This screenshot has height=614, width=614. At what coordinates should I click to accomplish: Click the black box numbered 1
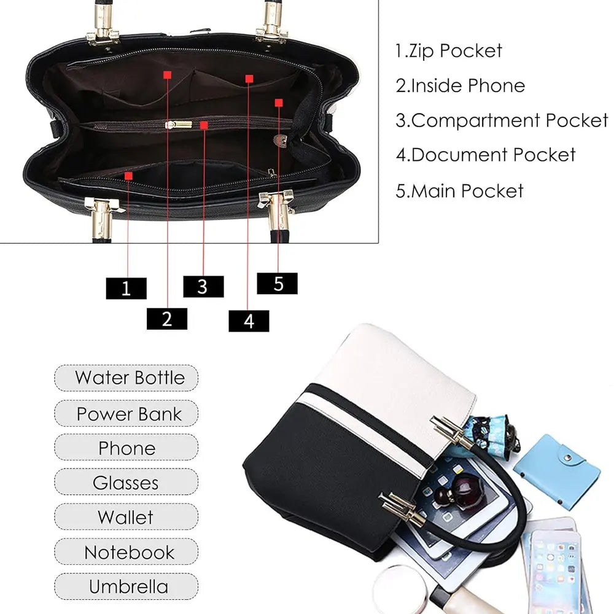(x=126, y=288)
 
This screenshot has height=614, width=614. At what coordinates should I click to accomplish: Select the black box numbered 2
(x=167, y=319)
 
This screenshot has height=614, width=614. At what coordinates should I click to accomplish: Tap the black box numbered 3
(x=203, y=286)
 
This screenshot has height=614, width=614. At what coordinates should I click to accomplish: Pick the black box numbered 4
(x=249, y=321)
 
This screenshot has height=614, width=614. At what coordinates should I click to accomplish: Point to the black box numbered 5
(x=277, y=283)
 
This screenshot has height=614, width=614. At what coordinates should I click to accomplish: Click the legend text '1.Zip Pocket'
(x=449, y=51)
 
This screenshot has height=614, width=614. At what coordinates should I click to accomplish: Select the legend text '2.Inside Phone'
(x=460, y=86)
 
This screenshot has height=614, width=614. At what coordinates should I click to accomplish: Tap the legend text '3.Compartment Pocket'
(x=502, y=120)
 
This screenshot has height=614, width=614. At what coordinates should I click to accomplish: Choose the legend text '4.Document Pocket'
(x=486, y=155)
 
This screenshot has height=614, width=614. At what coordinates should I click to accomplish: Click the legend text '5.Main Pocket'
(x=459, y=191)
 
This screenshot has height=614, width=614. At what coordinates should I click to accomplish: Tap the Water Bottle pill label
(x=126, y=378)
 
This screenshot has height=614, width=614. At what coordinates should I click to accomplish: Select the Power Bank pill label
(x=126, y=413)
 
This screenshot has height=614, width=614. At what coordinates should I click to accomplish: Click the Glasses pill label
(x=126, y=482)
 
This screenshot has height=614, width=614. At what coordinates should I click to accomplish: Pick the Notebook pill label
(x=126, y=552)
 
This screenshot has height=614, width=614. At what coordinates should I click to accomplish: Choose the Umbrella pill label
(x=126, y=586)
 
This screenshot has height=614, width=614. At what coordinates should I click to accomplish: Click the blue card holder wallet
(x=558, y=471)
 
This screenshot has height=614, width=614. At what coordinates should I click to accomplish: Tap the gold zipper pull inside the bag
(x=179, y=125)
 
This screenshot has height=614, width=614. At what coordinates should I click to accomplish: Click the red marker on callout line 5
(x=279, y=103)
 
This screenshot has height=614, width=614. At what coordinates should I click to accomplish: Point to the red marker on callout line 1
(x=128, y=176)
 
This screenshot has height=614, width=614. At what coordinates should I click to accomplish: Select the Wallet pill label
(x=126, y=517)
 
